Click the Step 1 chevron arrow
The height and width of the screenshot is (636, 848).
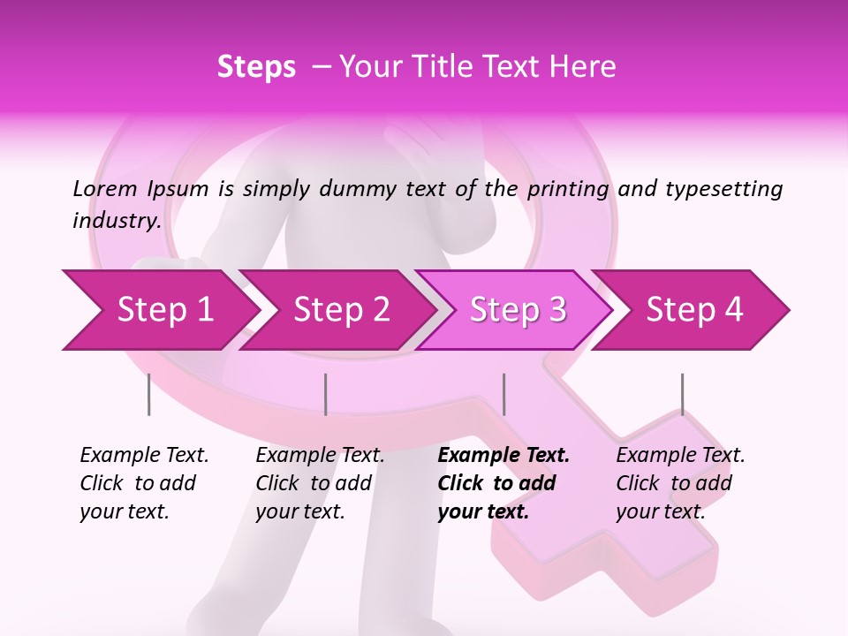point(159,310)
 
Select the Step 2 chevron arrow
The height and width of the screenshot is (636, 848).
point(340,310)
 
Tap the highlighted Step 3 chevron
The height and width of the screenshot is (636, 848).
point(517,310)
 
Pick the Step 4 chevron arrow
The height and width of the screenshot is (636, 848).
point(693,310)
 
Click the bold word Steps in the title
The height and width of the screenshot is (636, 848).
point(256,67)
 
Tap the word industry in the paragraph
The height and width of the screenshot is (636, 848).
point(117,220)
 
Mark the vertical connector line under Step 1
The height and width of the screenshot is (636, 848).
point(149,394)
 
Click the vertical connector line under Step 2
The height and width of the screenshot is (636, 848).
point(326,394)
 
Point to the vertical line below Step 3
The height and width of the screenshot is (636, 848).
point(503,394)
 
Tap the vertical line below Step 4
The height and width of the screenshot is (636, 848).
point(682,394)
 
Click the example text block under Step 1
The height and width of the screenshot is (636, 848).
point(144,483)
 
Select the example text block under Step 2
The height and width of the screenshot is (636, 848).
point(320,483)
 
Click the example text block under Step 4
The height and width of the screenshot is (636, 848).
point(680,483)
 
